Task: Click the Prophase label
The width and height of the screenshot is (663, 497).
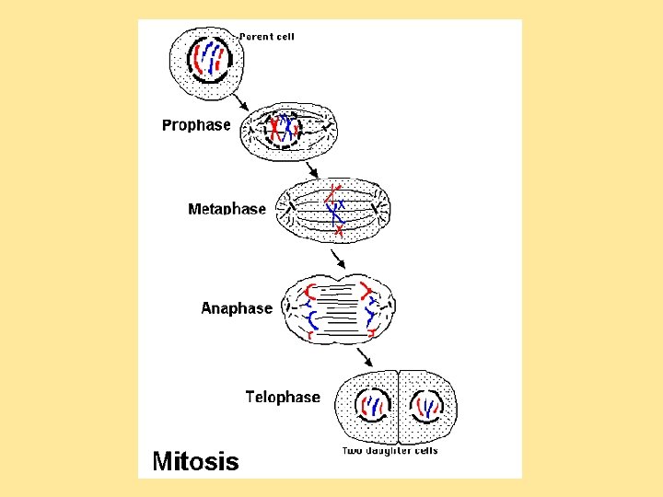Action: [x=196, y=125]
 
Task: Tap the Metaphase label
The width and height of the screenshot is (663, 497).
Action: [x=227, y=209]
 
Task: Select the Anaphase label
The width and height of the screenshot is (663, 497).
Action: [x=237, y=308]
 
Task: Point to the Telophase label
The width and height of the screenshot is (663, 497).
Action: [x=283, y=397]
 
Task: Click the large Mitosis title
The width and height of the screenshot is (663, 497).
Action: [x=194, y=460]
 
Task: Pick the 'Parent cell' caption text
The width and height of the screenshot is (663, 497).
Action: [x=267, y=37]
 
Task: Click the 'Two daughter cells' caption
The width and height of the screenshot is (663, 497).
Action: [x=390, y=451]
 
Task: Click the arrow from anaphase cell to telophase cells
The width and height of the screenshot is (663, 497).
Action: [x=365, y=355]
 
